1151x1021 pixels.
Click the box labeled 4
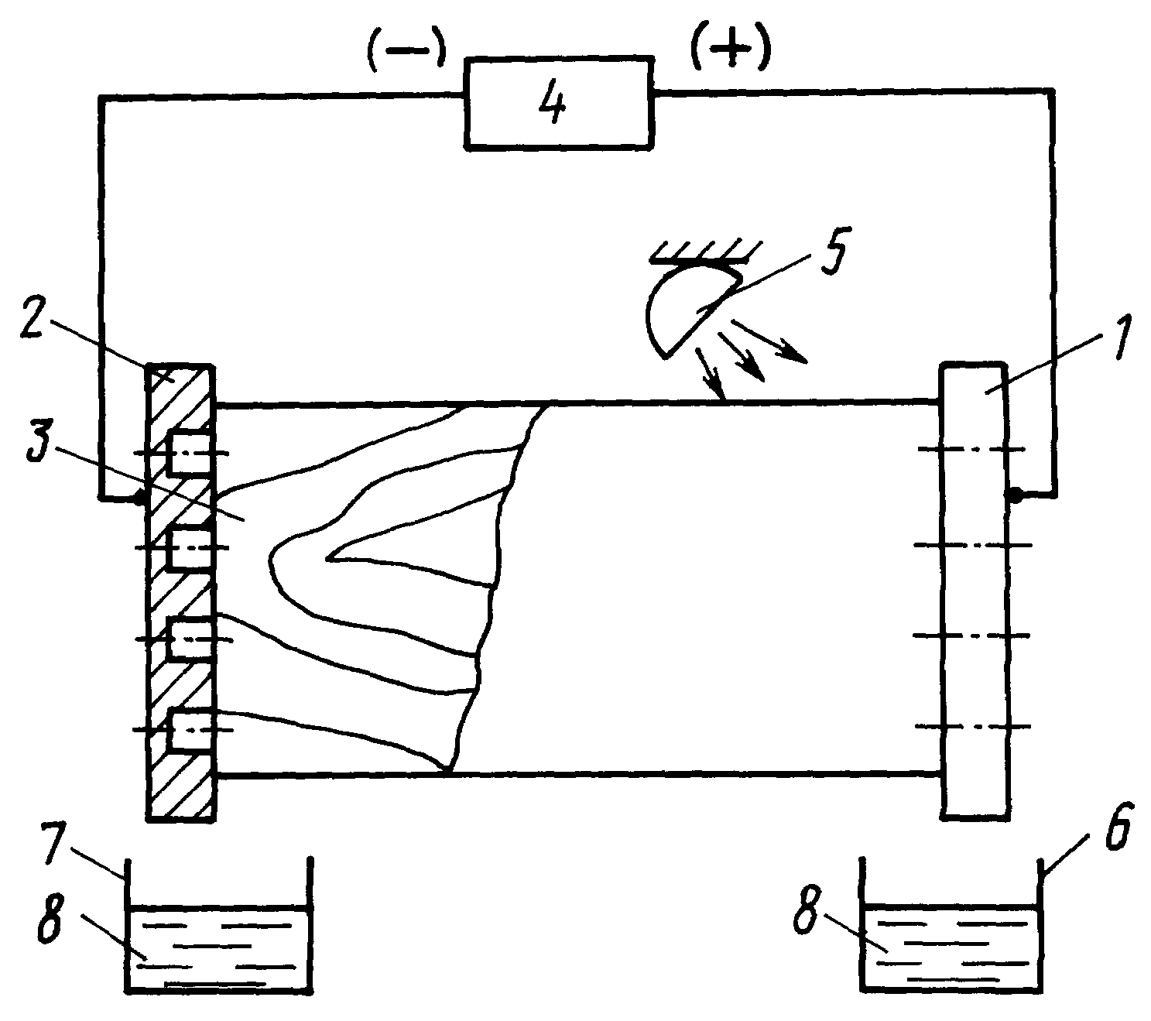coord(558,103)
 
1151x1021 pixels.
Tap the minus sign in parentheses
coord(406,50)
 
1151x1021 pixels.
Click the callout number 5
coord(829,251)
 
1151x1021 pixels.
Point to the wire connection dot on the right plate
coord(1014,496)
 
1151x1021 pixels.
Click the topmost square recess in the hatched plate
coord(190,453)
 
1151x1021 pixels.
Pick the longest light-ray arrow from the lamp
coord(768,341)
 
